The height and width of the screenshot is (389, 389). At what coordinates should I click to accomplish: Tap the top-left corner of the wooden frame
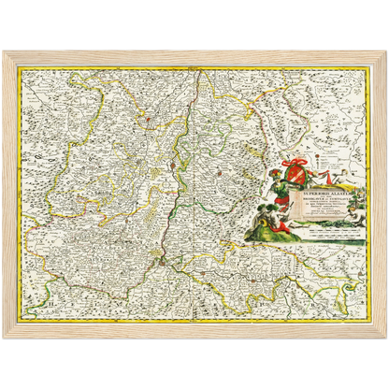coord(6,50)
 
